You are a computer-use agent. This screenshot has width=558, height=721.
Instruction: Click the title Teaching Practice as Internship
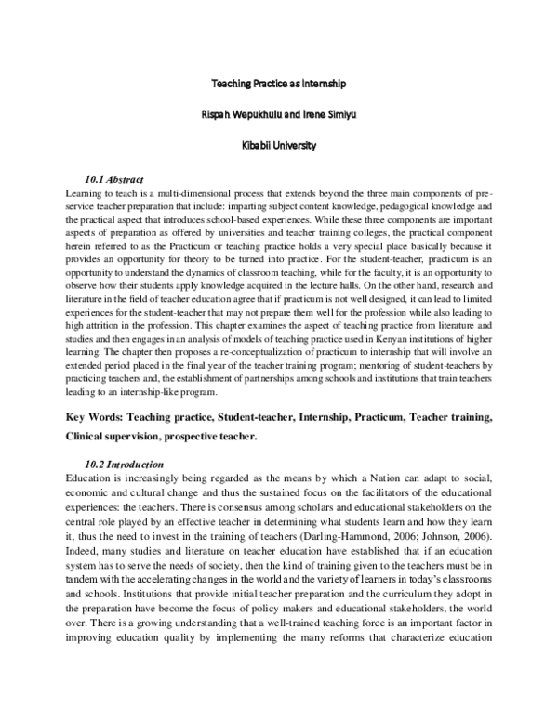pos(279,84)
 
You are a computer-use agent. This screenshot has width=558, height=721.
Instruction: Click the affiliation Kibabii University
pos(279,145)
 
